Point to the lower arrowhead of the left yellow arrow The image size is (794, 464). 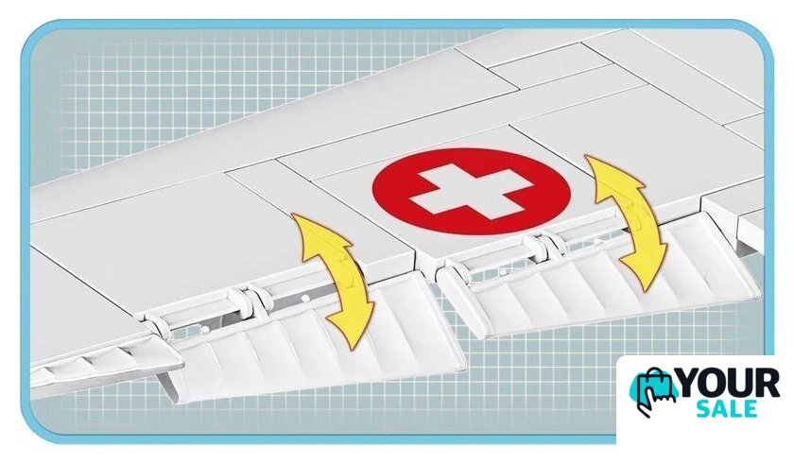351,328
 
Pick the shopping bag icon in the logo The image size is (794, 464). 653,392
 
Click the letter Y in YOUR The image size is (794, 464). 690,385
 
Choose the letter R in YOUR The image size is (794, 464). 768,385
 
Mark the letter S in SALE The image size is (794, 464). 704,408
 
